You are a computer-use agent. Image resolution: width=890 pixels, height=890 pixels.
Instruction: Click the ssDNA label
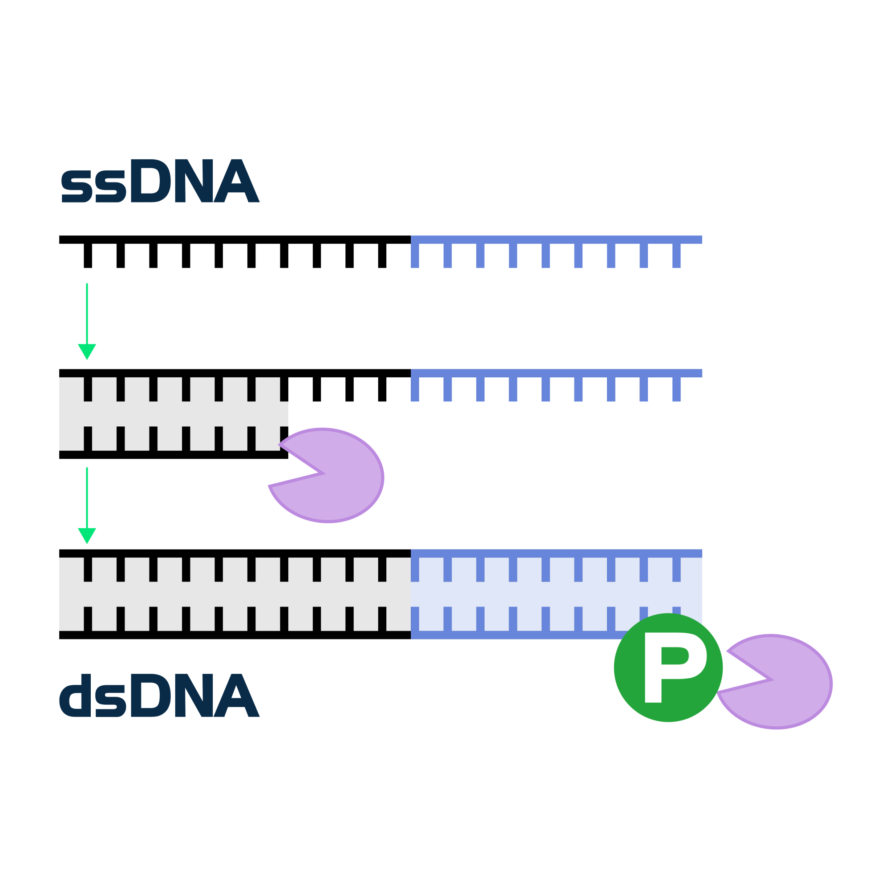160,182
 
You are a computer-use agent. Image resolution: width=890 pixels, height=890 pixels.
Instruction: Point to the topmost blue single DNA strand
556,240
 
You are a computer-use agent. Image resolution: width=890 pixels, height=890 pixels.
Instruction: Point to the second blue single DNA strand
556,374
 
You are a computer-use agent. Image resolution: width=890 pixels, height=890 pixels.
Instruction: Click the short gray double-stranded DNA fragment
173,414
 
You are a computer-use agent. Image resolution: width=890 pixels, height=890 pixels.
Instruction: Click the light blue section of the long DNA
556,594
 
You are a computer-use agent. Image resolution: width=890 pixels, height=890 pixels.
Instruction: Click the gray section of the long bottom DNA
235,594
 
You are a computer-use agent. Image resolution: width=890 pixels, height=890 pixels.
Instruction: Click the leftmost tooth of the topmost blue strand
415,256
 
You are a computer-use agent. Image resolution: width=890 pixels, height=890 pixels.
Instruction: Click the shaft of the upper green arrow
87,313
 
